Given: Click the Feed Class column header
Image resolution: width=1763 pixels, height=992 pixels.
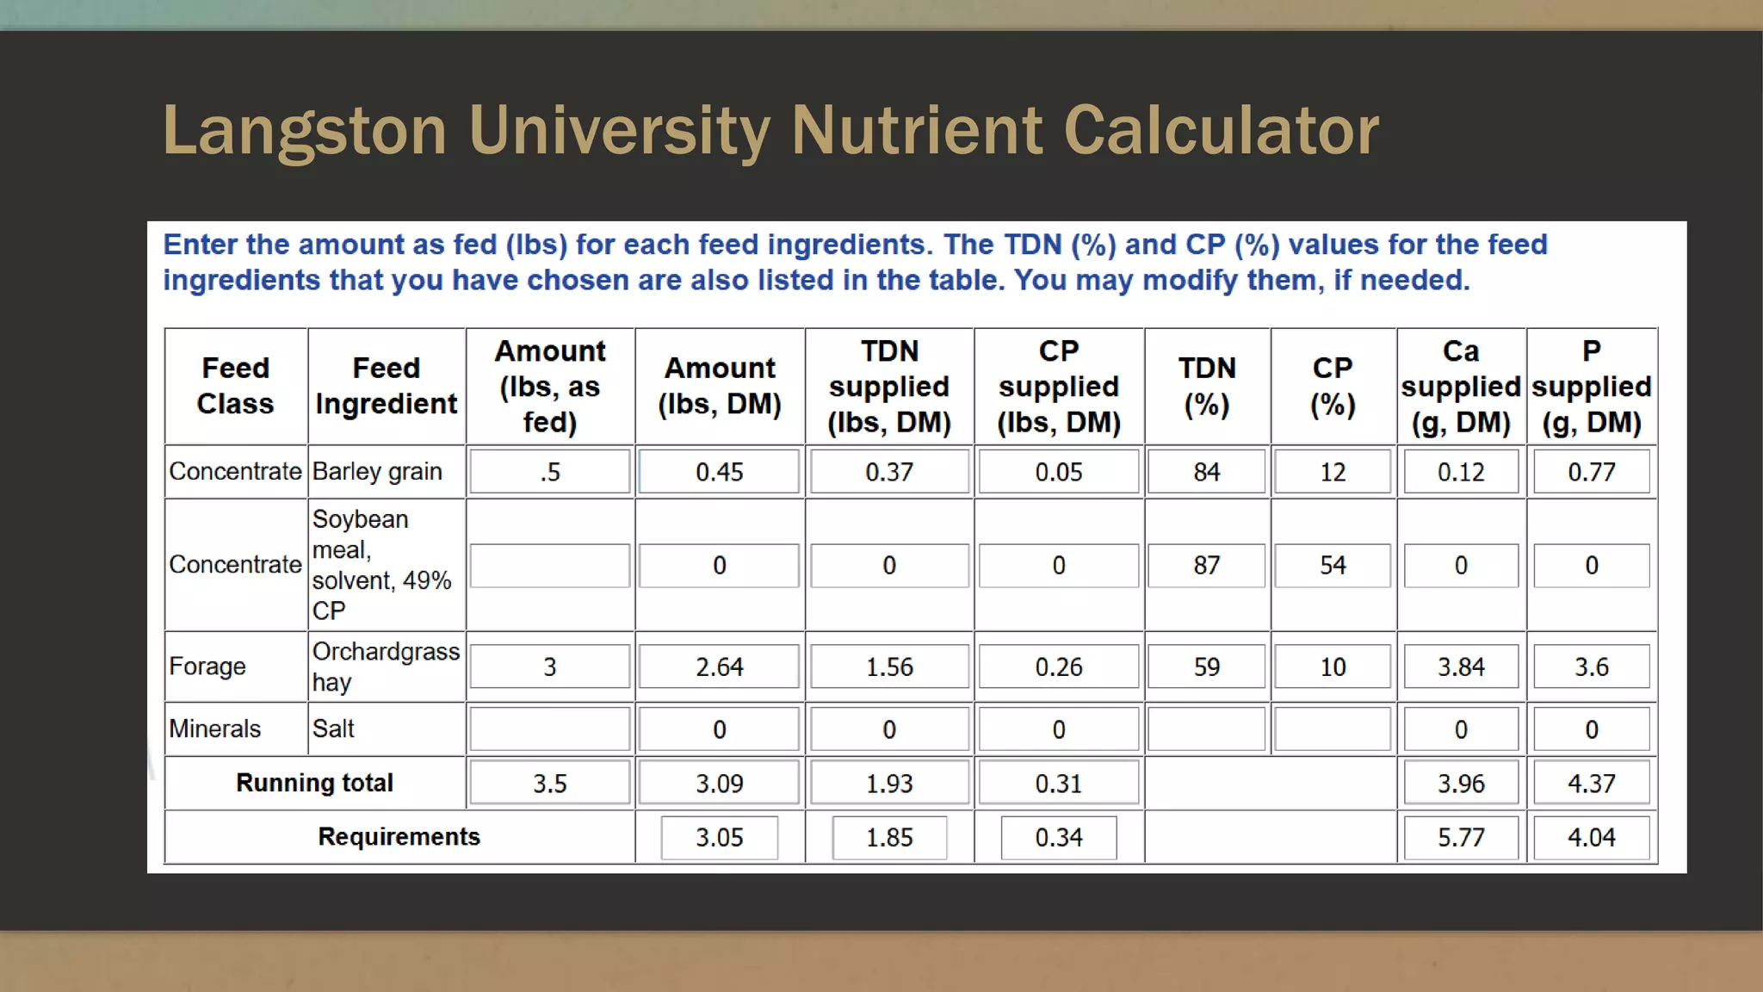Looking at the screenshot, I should [235, 386].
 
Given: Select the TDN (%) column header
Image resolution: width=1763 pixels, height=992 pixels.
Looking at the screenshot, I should [1207, 386].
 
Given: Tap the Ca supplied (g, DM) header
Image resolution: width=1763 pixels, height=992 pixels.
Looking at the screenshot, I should [1461, 386].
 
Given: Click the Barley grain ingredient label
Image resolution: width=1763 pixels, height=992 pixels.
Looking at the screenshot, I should [377, 472].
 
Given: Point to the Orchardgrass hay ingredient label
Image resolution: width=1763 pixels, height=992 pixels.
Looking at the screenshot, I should [385, 666].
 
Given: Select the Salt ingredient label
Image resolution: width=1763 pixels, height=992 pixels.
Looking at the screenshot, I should [333, 729].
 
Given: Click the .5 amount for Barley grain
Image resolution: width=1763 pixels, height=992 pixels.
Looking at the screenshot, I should [550, 472].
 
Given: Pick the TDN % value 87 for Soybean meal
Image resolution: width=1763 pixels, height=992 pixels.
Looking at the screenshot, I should [1207, 566].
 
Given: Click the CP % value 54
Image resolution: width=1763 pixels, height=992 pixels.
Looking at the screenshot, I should [1333, 566].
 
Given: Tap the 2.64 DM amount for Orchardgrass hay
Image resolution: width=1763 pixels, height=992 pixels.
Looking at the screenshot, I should [719, 667].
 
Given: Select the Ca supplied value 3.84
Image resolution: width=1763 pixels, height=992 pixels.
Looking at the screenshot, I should [1461, 667].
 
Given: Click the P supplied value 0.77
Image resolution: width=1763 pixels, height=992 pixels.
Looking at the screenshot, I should [1591, 472].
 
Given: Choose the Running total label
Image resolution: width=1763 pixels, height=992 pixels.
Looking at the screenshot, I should [314, 783].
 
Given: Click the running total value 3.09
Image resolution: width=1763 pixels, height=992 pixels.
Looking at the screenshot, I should [719, 784].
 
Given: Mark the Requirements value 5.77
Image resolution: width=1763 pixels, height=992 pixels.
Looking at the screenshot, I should [1461, 837].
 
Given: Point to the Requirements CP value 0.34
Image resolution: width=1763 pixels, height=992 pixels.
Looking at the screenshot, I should [1059, 837].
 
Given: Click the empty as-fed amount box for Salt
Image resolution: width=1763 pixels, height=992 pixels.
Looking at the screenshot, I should [550, 729].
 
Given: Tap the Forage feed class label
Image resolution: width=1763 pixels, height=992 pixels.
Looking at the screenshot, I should [207, 666].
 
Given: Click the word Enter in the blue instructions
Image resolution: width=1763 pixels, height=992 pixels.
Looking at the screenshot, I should [200, 245].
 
